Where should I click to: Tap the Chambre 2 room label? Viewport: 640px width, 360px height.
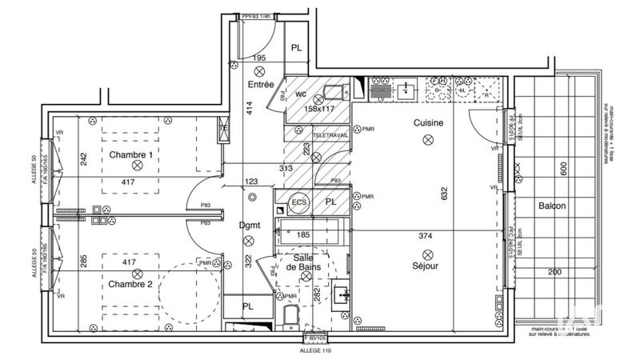(x=130, y=284)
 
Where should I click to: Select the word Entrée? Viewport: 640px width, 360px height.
(x=262, y=84)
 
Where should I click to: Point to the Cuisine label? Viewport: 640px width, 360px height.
(x=429, y=123)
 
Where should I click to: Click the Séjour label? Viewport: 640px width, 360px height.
(x=424, y=266)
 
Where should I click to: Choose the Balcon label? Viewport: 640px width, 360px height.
(x=551, y=206)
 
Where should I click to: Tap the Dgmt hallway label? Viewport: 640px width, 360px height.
(x=250, y=226)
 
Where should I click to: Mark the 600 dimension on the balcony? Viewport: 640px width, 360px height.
(x=563, y=168)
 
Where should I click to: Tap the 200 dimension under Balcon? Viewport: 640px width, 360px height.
(x=554, y=273)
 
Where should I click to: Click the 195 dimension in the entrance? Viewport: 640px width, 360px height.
(x=259, y=58)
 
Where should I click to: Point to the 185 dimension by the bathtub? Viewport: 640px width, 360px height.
(x=303, y=235)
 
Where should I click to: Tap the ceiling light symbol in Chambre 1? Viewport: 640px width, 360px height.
(x=137, y=165)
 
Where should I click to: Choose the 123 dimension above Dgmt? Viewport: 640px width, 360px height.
(x=252, y=182)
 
